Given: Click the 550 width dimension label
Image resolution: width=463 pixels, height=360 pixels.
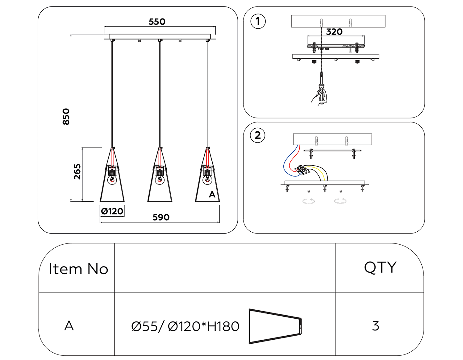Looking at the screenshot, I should coord(157,22).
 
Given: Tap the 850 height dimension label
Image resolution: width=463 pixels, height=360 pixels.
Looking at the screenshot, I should coord(66,117).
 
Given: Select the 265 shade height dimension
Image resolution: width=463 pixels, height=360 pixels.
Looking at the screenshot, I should coord(77,172).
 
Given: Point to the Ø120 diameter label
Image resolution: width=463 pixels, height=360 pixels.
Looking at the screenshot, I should coord(112,211).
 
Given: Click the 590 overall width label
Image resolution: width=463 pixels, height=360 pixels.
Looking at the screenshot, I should coord(161,217).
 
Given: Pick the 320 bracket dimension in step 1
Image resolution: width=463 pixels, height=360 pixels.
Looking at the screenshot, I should coord(334,32).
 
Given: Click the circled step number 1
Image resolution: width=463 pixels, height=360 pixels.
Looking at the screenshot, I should coord(258,21).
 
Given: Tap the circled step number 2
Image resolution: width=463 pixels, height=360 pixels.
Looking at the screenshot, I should coord(258,135).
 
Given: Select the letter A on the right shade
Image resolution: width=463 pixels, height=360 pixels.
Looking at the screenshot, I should coord(212,194).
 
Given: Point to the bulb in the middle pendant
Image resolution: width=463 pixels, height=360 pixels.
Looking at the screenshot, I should coord(160,179).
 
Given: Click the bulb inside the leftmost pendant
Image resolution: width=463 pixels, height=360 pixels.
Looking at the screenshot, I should coord(112,179).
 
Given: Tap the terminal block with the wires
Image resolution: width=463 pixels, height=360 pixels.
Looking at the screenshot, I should coord(301,170).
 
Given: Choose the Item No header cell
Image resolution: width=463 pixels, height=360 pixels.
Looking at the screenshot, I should coord(78,269).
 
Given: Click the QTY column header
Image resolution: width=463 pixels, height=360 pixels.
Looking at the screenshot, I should coord(380,267).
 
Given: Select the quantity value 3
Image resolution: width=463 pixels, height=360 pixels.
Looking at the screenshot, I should coord(375,326).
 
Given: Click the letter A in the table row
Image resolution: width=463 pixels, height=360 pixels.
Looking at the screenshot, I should coord(69,326).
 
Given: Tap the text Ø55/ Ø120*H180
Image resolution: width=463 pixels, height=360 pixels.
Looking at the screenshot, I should coord(185,326).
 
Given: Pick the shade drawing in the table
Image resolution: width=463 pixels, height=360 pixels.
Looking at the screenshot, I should coord(275,326).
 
